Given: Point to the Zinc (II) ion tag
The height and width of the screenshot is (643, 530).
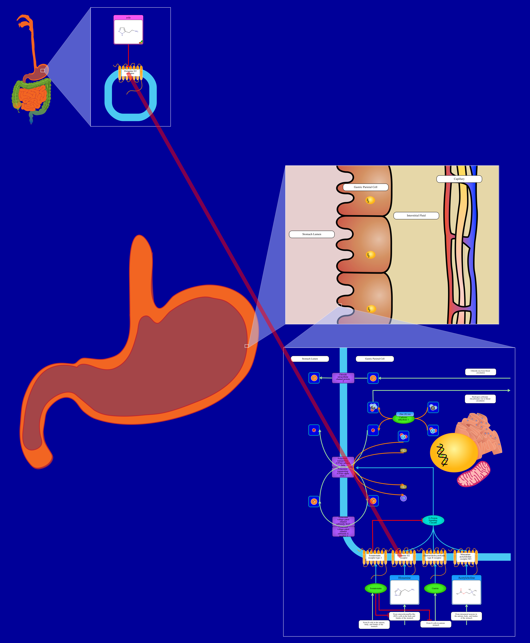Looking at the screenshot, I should point(405,414).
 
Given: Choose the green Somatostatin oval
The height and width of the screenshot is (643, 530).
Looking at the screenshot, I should point(376,588).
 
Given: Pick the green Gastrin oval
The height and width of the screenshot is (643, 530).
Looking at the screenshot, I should point(435,588).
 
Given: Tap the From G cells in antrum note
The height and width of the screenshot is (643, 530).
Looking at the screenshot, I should point(436,624).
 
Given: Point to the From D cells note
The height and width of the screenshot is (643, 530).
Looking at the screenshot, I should point(374,624).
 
